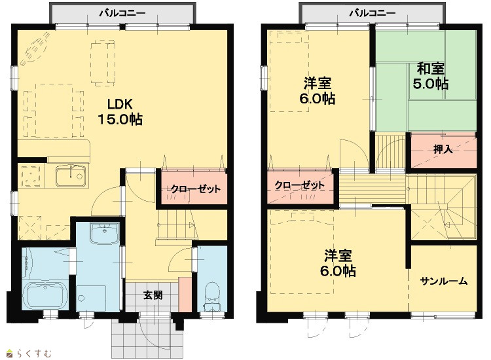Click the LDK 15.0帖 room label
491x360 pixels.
pos(120,112)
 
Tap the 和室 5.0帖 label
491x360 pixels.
pos(430,76)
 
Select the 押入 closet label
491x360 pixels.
pos(443,149)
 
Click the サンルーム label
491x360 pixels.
pos(444,281)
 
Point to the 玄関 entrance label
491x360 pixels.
pos(153,295)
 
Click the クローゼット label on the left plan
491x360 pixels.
pos(195,189)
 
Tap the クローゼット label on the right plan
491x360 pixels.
pos(300,185)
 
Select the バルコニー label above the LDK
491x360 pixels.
pos(123,13)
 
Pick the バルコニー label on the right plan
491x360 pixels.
pos(373,13)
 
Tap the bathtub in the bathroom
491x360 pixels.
pos(46,295)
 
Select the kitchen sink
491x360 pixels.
pos(71,175)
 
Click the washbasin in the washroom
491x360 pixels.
pos(104,233)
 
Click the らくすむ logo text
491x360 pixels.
pos(34,353)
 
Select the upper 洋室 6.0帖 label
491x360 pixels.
pos(318,91)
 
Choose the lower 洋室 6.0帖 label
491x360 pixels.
pos(338,263)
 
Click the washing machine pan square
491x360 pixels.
pos(91,298)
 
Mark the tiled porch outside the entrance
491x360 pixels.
pos(147,335)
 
